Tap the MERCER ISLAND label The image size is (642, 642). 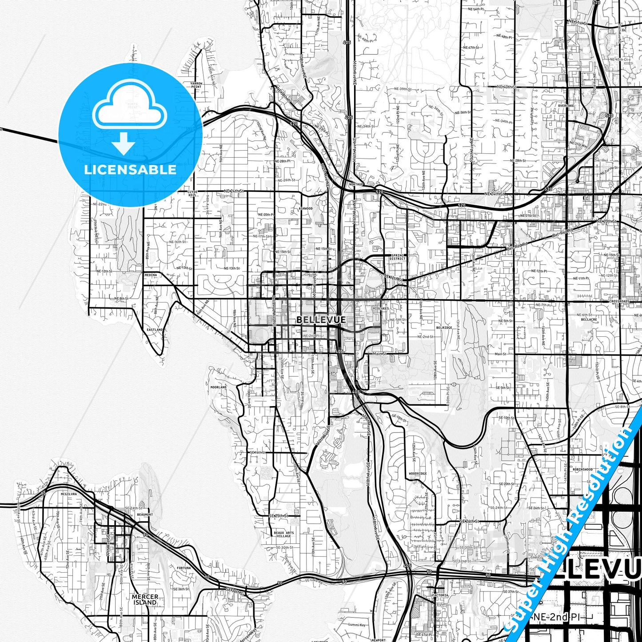click(x=145, y=599)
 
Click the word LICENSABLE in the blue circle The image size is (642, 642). click(x=130, y=169)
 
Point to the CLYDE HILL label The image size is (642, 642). click(x=192, y=193)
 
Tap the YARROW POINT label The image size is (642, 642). click(x=196, y=85)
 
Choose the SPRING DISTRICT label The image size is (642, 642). click(x=398, y=257)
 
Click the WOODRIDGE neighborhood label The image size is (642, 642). click(x=418, y=474)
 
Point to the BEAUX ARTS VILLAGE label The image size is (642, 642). click(x=284, y=534)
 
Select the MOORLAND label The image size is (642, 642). click(x=218, y=387)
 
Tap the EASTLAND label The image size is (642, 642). click(x=155, y=330)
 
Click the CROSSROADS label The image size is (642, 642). click(x=619, y=301)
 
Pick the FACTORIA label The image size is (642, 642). click(x=440, y=595)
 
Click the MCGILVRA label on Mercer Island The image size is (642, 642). click(x=69, y=494)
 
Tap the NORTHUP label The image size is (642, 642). click(x=356, y=184)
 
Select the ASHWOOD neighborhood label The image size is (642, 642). click(x=306, y=208)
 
